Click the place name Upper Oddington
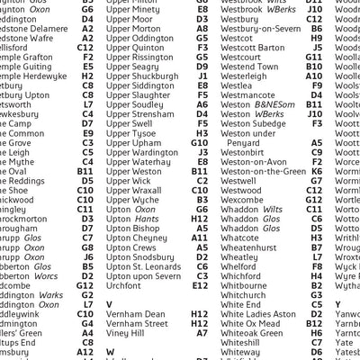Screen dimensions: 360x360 [x=139, y=40]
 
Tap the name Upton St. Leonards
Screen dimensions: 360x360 [x=143, y=267]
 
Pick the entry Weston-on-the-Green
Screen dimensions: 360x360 [x=262, y=170]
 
